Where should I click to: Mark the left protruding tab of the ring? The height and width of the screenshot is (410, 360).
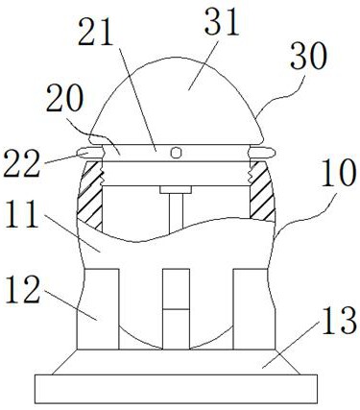pos(86,151)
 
